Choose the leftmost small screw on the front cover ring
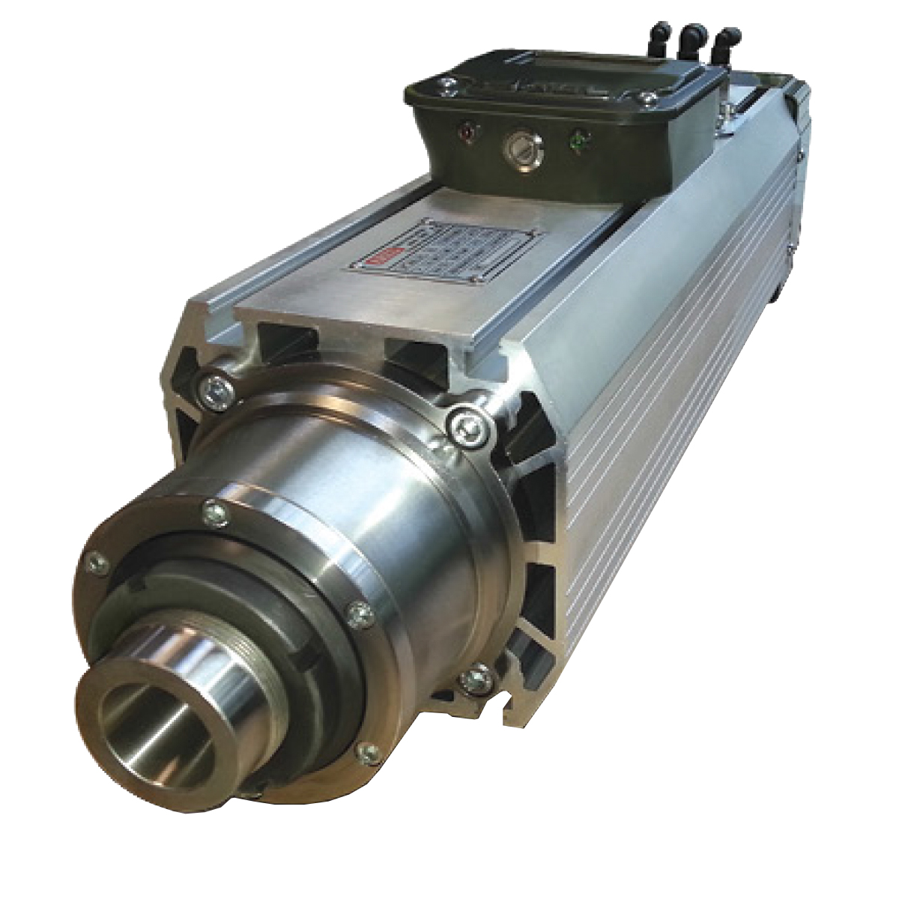coord(95,563)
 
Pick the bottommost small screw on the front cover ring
coord(367,751)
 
